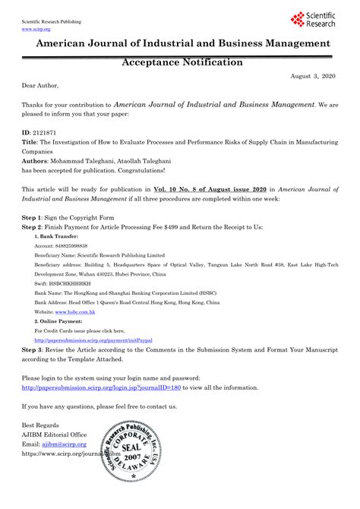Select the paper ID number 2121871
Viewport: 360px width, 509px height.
tap(47, 131)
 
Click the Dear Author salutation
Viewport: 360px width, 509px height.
tap(39, 85)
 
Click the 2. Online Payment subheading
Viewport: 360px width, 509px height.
tap(62, 321)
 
